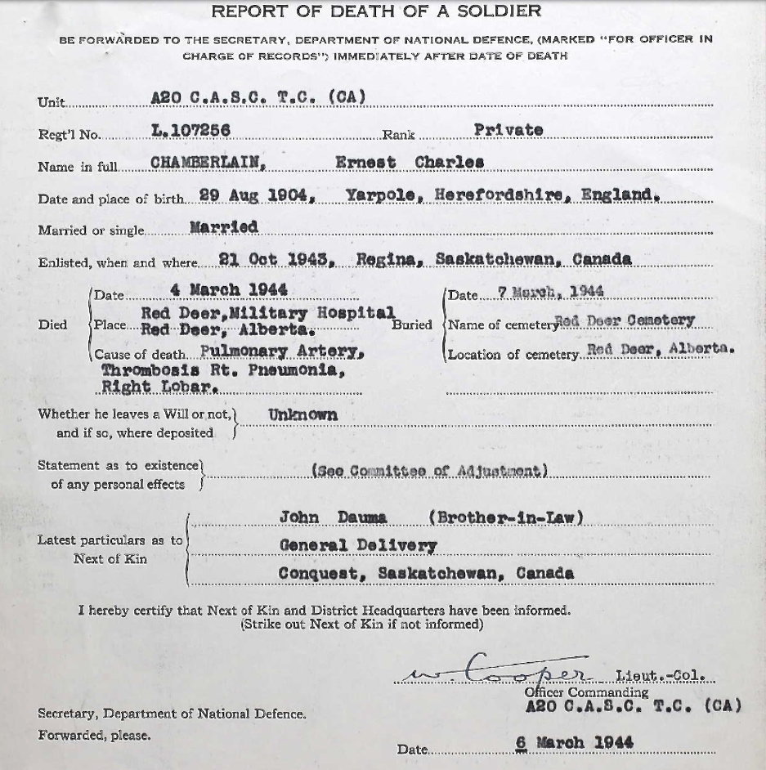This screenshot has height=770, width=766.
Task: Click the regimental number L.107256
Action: coord(190,130)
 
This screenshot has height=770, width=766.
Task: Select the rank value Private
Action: coord(508,130)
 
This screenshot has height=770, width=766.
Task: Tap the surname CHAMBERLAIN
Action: coord(208,162)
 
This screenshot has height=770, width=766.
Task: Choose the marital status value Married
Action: coord(223,226)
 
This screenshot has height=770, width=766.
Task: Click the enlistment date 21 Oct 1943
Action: coord(274,259)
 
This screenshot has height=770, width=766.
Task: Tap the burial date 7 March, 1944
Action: coord(550,291)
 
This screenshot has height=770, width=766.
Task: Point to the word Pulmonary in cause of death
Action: coord(243,351)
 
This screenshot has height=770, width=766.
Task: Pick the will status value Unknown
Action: coord(302,414)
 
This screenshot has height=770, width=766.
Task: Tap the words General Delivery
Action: coord(357,545)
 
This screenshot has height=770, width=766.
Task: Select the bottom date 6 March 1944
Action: coord(574,743)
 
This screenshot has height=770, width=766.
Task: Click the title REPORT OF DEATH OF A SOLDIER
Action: coord(376,11)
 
